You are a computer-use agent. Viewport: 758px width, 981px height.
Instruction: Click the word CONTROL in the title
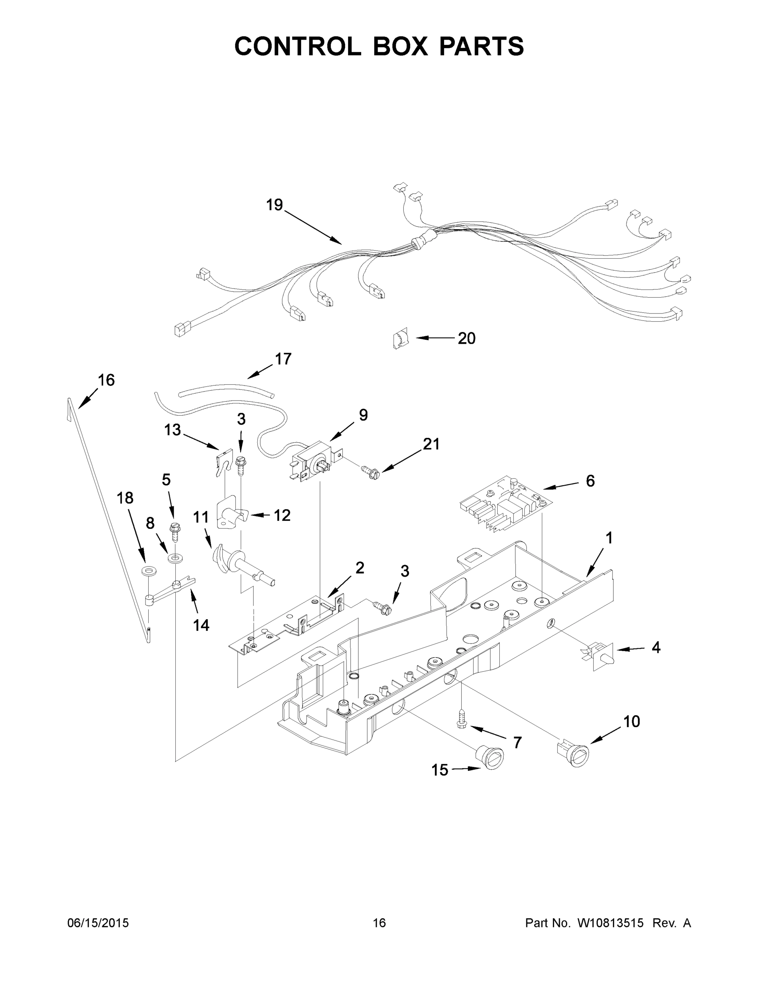297,46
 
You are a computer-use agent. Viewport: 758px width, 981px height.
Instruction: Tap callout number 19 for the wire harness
274,205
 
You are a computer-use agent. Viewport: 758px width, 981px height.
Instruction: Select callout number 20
466,338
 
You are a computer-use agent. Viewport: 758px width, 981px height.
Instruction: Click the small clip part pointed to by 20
400,338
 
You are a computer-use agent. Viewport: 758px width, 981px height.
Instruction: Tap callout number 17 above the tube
283,359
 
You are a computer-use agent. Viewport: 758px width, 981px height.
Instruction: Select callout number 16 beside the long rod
106,380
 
